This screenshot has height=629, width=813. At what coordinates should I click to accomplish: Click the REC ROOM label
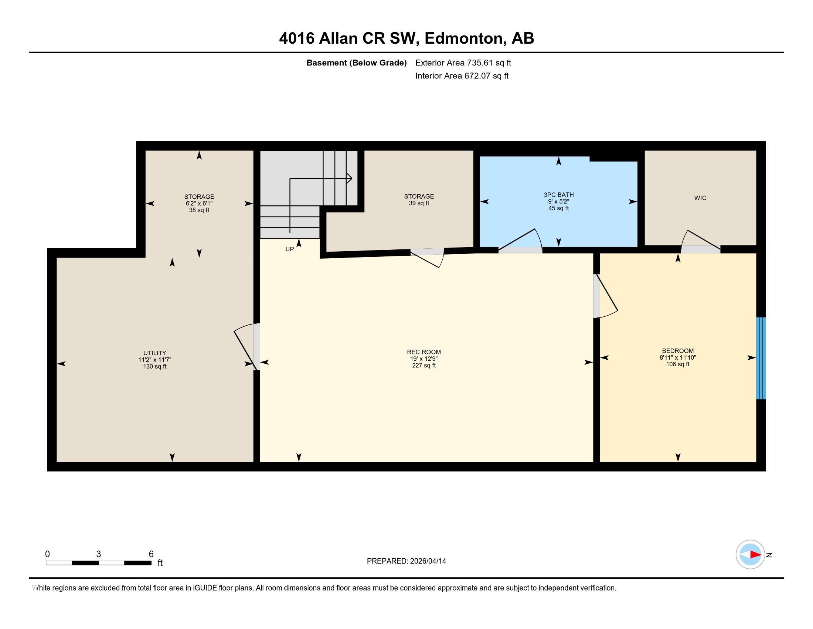click(x=423, y=352)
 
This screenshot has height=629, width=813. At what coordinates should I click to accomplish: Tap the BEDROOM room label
click(x=677, y=351)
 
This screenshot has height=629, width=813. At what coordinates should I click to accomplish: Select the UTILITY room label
click(x=154, y=353)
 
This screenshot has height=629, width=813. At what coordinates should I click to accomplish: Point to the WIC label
click(x=700, y=198)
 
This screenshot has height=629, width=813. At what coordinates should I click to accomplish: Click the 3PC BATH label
click(x=558, y=195)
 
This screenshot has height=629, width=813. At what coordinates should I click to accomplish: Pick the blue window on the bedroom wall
click(x=761, y=358)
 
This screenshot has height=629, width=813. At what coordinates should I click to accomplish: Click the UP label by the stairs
click(x=289, y=249)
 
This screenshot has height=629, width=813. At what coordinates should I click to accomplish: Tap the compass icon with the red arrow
click(x=750, y=554)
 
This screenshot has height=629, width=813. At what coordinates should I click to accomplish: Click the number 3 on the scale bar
click(x=98, y=554)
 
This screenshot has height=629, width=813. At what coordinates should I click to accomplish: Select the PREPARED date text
click(x=406, y=561)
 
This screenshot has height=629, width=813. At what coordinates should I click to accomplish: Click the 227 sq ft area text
click(x=423, y=366)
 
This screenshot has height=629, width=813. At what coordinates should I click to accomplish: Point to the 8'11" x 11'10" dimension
click(x=677, y=357)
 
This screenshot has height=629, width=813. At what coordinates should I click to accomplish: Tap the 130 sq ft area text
click(x=154, y=366)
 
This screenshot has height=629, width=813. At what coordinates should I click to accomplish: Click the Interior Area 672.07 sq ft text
click(x=462, y=76)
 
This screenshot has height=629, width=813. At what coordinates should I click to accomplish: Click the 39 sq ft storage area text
click(x=419, y=203)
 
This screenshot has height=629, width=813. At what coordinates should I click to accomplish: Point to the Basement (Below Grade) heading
click(x=356, y=63)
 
